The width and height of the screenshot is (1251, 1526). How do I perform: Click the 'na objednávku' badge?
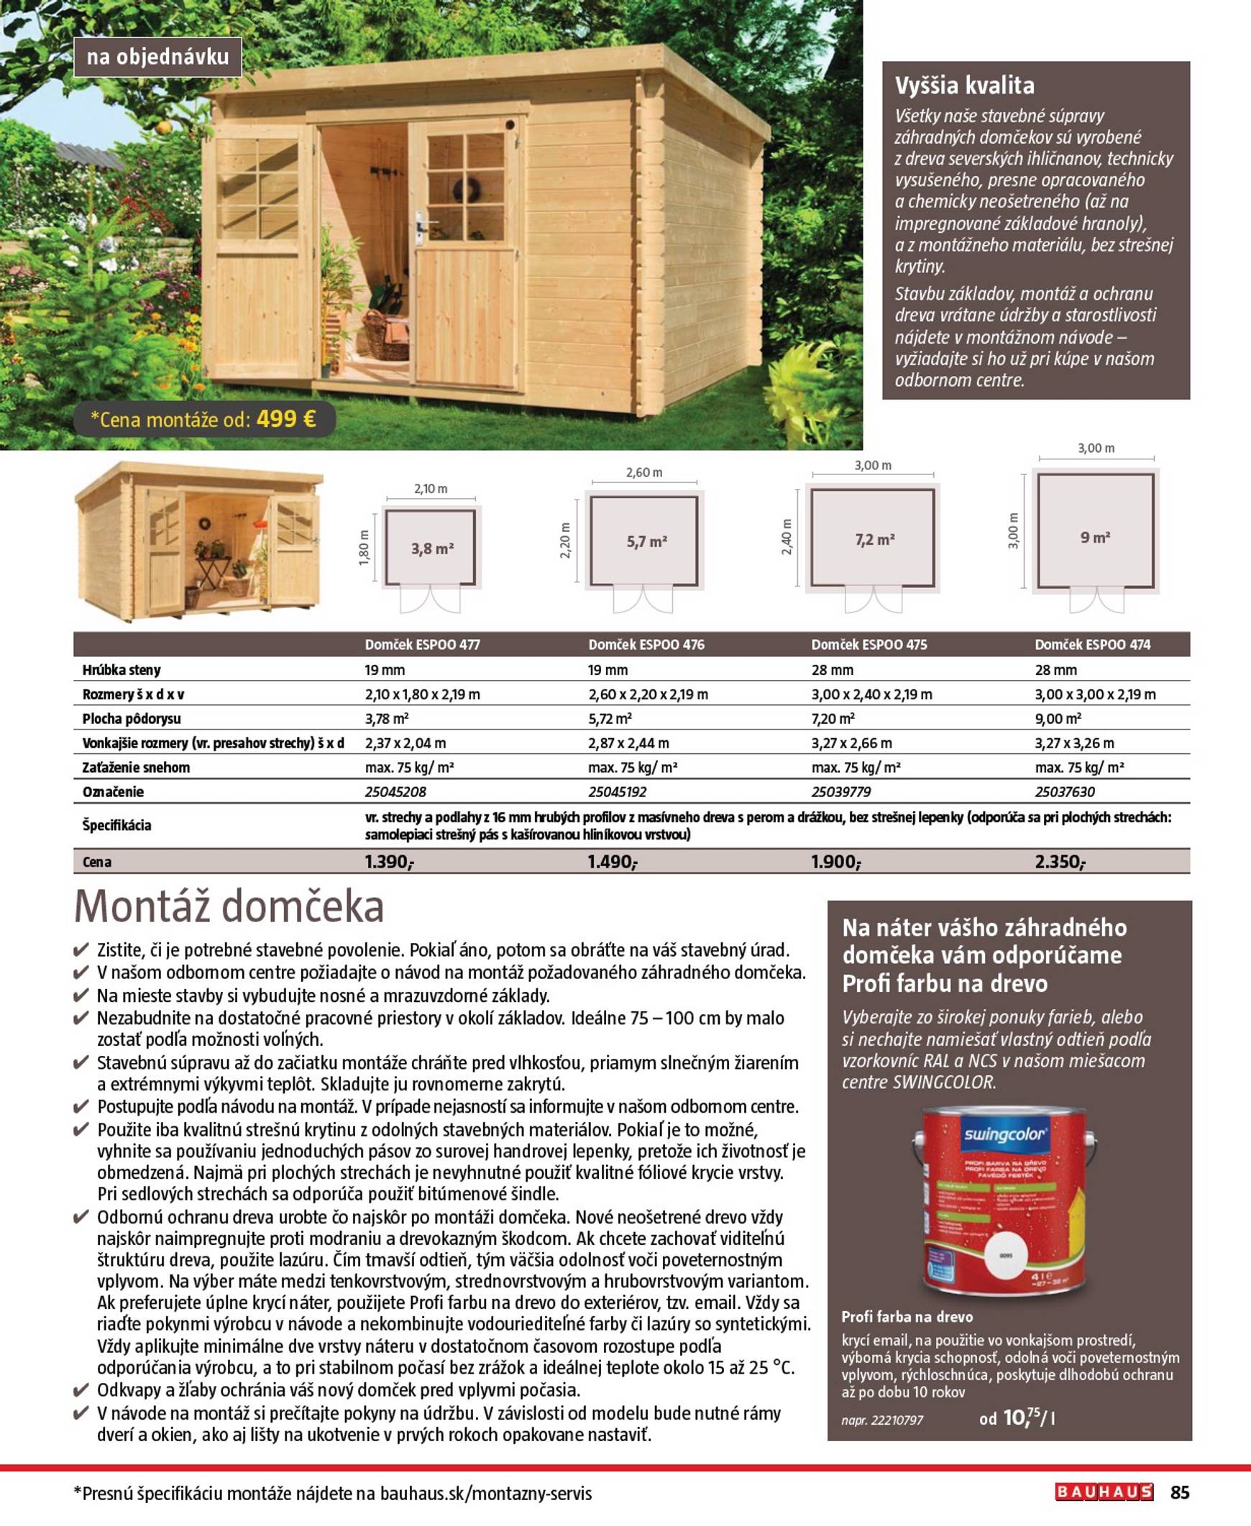[x=157, y=57]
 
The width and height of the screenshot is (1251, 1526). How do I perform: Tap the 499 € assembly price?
[x=286, y=418]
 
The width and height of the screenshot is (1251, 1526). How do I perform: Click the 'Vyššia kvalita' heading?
[x=964, y=86]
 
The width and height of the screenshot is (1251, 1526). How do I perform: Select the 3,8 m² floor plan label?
[x=432, y=548]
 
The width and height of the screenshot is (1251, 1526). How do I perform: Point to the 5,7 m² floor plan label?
[x=646, y=542]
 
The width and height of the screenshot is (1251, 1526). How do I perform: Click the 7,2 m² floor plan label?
[x=875, y=539]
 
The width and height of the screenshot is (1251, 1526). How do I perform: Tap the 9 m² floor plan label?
[x=1094, y=537]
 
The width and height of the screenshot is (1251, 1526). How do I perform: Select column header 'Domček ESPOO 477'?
[x=422, y=644]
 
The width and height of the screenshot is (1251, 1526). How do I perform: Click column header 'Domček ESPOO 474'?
[x=1092, y=644]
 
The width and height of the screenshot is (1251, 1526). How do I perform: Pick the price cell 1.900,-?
[x=835, y=862]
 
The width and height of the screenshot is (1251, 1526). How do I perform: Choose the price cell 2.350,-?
[x=1060, y=862]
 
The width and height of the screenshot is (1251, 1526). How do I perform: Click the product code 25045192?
[x=617, y=792]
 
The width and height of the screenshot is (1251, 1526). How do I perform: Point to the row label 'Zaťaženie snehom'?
[x=136, y=768]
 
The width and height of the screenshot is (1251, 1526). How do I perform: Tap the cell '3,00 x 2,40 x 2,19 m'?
[x=871, y=694]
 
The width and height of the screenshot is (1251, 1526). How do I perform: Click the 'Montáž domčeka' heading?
[x=229, y=906]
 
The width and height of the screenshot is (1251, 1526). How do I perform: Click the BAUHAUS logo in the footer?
[x=1104, y=1492]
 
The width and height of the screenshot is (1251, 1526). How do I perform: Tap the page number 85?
[x=1180, y=1492]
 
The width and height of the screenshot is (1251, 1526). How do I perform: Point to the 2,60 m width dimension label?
[x=643, y=473]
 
